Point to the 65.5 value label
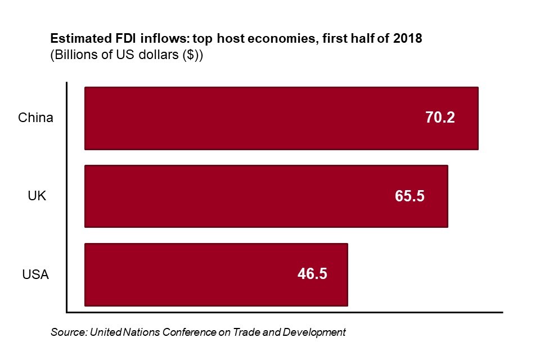click(408, 196)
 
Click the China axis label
click(35, 118)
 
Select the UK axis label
click(37, 196)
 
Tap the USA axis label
click(35, 275)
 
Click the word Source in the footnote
click(68, 332)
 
